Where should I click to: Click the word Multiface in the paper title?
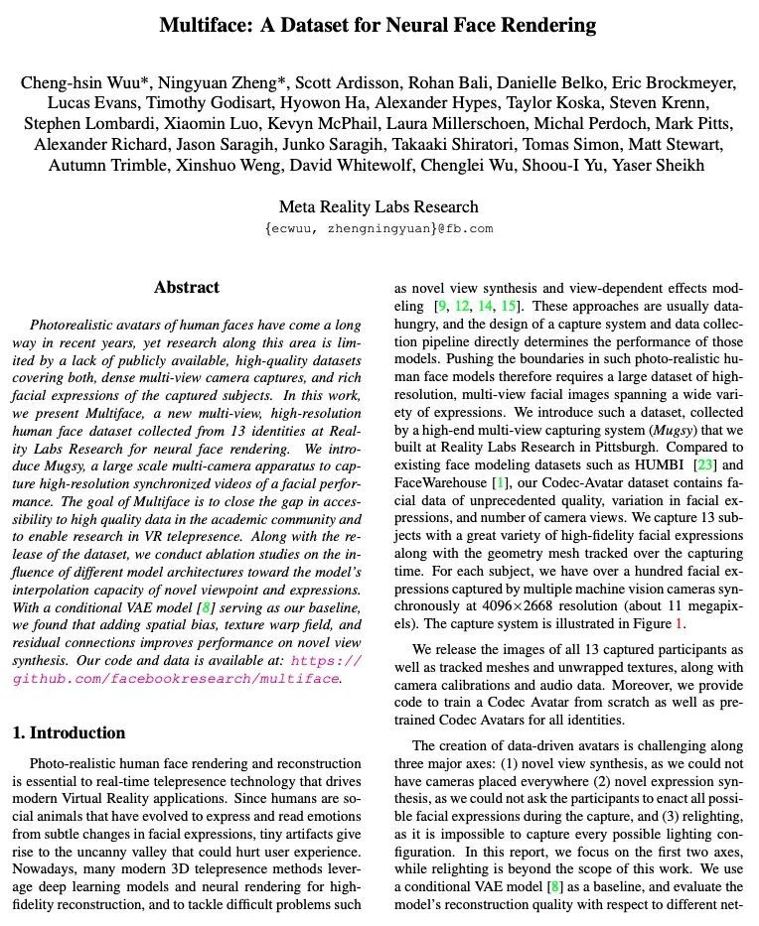tap(205, 25)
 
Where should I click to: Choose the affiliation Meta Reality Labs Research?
tap(379, 207)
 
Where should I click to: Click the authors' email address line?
tap(379, 228)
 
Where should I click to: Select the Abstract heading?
tap(186, 288)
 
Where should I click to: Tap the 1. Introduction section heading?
tap(69, 733)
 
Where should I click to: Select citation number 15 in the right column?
tap(509, 305)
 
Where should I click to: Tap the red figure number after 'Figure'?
tap(680, 625)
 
